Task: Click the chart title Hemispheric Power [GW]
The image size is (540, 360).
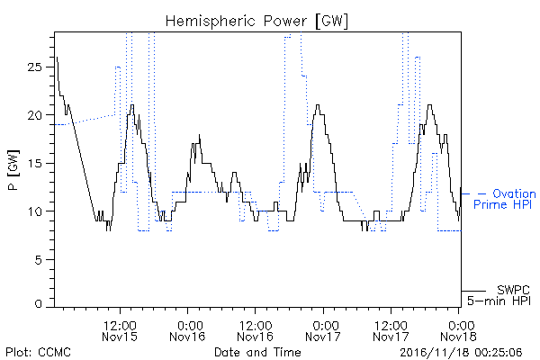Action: point(256,22)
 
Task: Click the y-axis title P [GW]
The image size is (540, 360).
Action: point(13,170)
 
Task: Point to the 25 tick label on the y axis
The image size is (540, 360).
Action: point(34,67)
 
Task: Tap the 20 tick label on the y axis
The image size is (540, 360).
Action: point(34,115)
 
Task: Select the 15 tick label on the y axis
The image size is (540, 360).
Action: point(34,163)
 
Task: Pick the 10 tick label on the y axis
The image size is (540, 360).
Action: point(34,211)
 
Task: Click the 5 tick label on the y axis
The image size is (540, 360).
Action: point(38,259)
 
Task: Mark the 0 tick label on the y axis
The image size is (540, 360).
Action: point(38,304)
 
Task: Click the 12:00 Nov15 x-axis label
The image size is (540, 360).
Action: point(120,330)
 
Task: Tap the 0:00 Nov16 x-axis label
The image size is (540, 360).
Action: point(188,330)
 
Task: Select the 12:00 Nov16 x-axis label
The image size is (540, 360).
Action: point(256,330)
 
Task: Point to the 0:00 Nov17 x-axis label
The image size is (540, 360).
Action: point(323,330)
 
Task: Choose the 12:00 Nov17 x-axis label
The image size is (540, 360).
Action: point(391,330)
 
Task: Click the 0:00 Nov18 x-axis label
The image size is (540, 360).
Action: point(458,330)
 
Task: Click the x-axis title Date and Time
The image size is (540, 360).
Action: point(257,352)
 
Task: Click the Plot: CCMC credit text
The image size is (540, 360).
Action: point(38,352)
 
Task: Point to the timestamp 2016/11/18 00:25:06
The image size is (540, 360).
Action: point(461,353)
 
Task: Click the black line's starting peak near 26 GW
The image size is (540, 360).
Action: point(57,58)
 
